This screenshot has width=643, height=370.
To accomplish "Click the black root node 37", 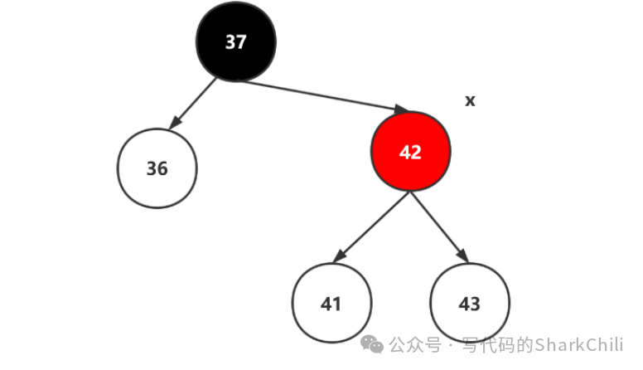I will coord(236,41).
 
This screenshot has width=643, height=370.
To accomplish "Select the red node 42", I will coord(410,152).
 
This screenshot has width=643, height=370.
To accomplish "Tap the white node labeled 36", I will coord(157,168).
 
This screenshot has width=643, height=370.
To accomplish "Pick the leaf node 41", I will coord(331,304).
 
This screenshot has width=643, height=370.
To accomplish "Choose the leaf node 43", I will coord(470,304).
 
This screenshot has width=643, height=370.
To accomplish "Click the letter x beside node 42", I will coord(470,101).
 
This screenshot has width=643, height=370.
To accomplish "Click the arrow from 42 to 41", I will coord(371,227).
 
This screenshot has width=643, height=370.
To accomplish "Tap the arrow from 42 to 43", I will coord(440,227).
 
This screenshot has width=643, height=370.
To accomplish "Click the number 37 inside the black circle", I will coord(236,42).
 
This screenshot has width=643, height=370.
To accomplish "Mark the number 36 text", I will coord(157,169).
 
